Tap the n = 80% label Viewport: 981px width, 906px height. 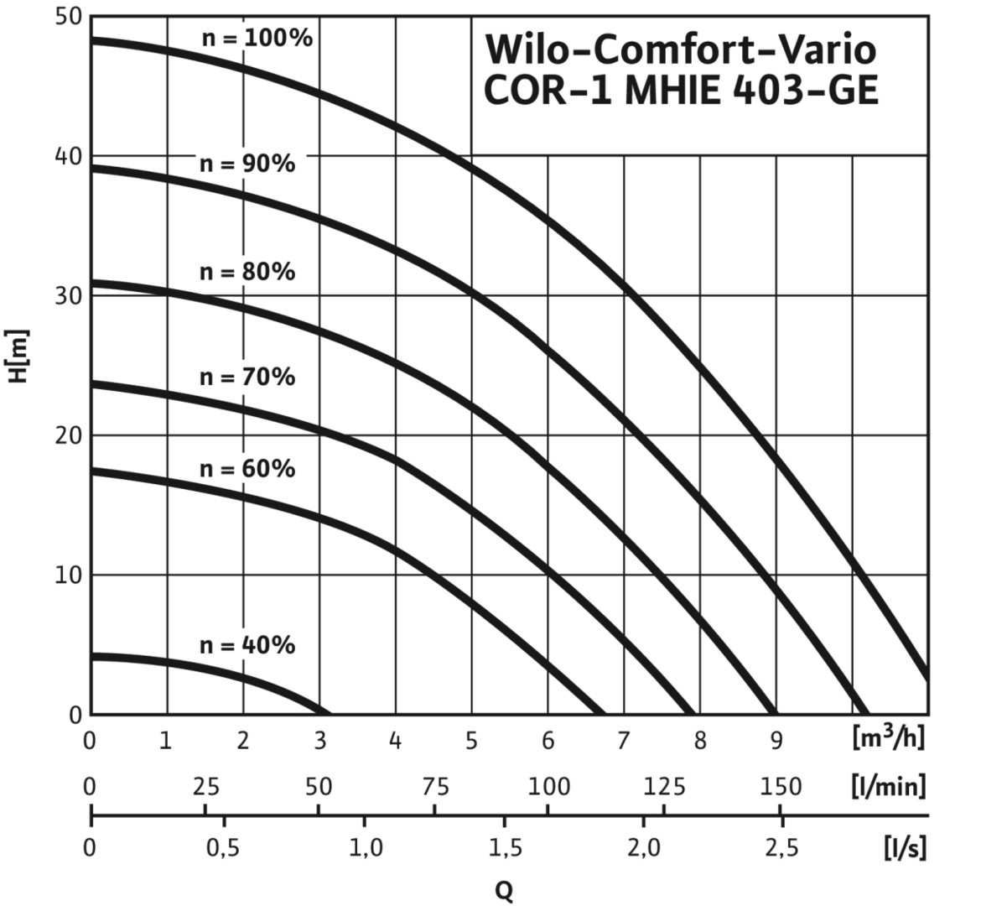(247, 272)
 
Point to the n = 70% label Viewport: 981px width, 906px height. (247, 377)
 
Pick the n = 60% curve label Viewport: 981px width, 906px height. (247, 468)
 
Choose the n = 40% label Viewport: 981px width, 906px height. (247, 645)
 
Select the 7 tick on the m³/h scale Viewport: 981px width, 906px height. (623, 741)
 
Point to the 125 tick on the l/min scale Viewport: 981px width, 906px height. (663, 787)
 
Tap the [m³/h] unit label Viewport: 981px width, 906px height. (888, 739)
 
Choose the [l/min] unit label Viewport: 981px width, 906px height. (888, 787)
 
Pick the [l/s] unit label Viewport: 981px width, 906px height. (905, 847)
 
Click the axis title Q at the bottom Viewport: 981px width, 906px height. (504, 890)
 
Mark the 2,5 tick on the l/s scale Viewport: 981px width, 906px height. (781, 847)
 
